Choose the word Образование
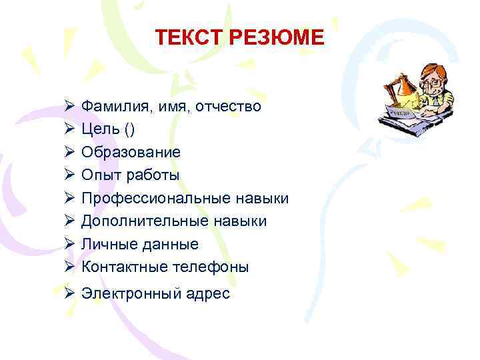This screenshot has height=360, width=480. click(131, 152)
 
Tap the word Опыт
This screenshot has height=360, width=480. click(98, 175)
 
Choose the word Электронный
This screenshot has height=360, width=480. click(129, 293)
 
